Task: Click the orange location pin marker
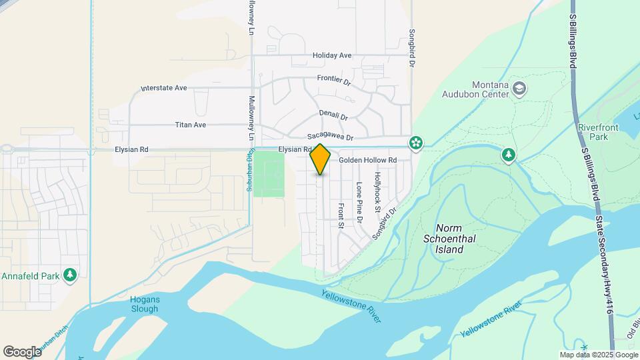coord(321,159)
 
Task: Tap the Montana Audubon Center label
coord(476,89)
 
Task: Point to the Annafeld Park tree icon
coord(69,275)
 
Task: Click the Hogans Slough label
coord(136,304)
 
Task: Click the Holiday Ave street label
coord(331,55)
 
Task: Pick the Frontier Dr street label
coord(334,80)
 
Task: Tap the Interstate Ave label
coord(164,88)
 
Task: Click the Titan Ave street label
coord(191,125)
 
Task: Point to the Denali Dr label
coord(333,115)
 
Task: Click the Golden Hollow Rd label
coord(367,161)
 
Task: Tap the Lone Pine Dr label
coord(359,202)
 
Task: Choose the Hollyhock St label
coord(377,193)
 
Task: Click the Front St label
coord(341,215)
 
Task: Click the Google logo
coord(22,351)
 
